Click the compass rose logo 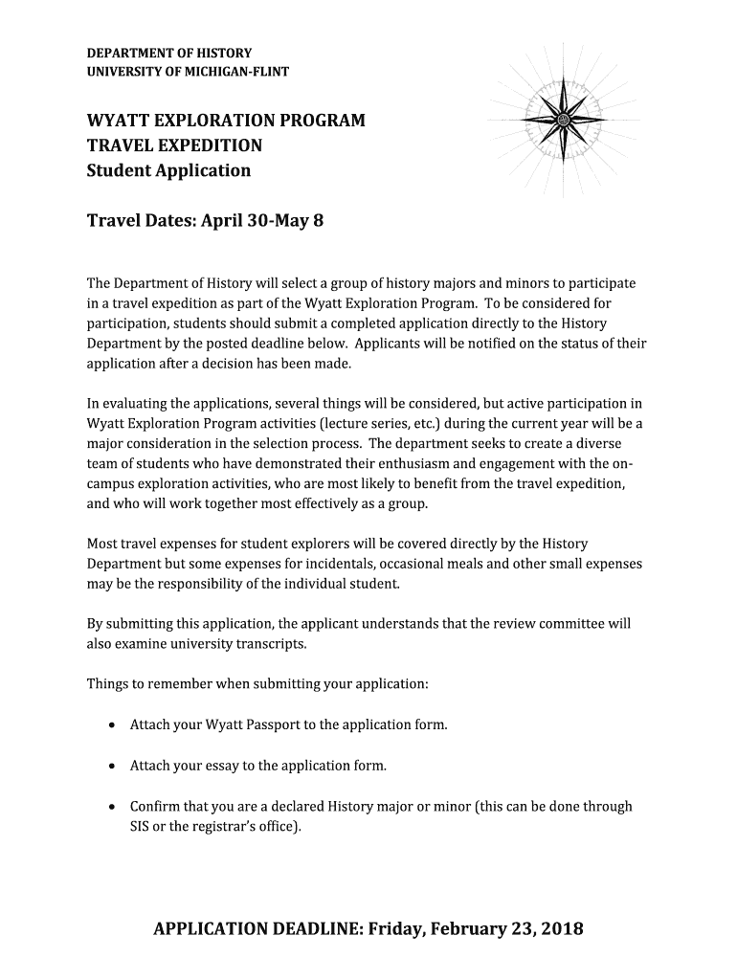pyautogui.click(x=563, y=120)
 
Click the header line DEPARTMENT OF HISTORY pyautogui.click(x=169, y=53)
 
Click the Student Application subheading pyautogui.click(x=168, y=171)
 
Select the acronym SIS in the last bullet pyautogui.click(x=141, y=826)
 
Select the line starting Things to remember pyautogui.click(x=257, y=684)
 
